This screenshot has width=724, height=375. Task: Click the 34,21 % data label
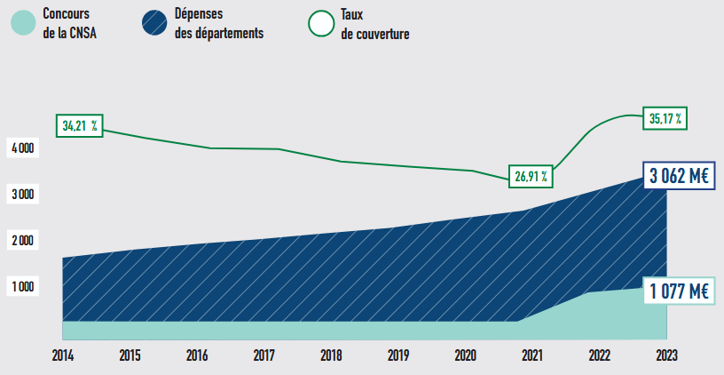click(79, 126)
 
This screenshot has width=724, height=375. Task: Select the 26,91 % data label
click(531, 176)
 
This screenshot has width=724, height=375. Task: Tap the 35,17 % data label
click(665, 117)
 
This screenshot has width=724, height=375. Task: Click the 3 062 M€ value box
click(679, 177)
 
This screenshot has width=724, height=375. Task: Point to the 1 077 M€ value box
click(679, 291)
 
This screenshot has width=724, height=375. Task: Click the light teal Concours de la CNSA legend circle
click(22, 22)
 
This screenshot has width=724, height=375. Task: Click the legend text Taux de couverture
click(374, 24)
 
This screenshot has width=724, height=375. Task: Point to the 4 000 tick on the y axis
click(22, 148)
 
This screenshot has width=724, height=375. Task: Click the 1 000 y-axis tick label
click(22, 286)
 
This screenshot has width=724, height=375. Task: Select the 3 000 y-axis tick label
click(22, 194)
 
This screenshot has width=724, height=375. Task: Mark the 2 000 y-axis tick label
click(22, 240)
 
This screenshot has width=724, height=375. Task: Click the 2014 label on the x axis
click(63, 355)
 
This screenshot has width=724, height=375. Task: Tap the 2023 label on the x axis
click(665, 355)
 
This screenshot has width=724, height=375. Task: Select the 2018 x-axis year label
click(331, 355)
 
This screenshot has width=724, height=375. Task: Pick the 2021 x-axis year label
click(532, 355)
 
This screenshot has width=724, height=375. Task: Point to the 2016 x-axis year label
click(197, 355)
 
